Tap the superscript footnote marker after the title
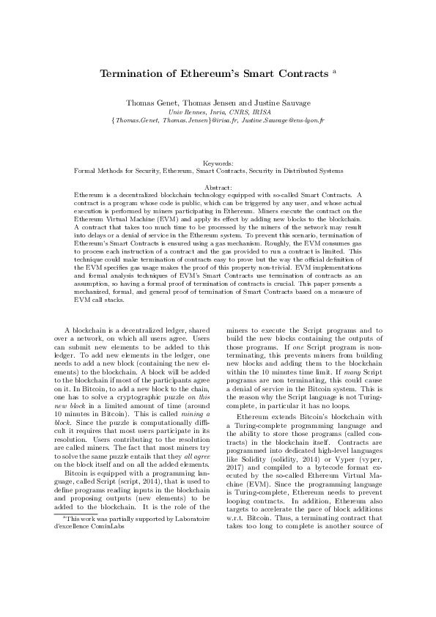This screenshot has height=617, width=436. (x=334, y=71)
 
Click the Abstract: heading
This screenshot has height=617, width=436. (x=218, y=188)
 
